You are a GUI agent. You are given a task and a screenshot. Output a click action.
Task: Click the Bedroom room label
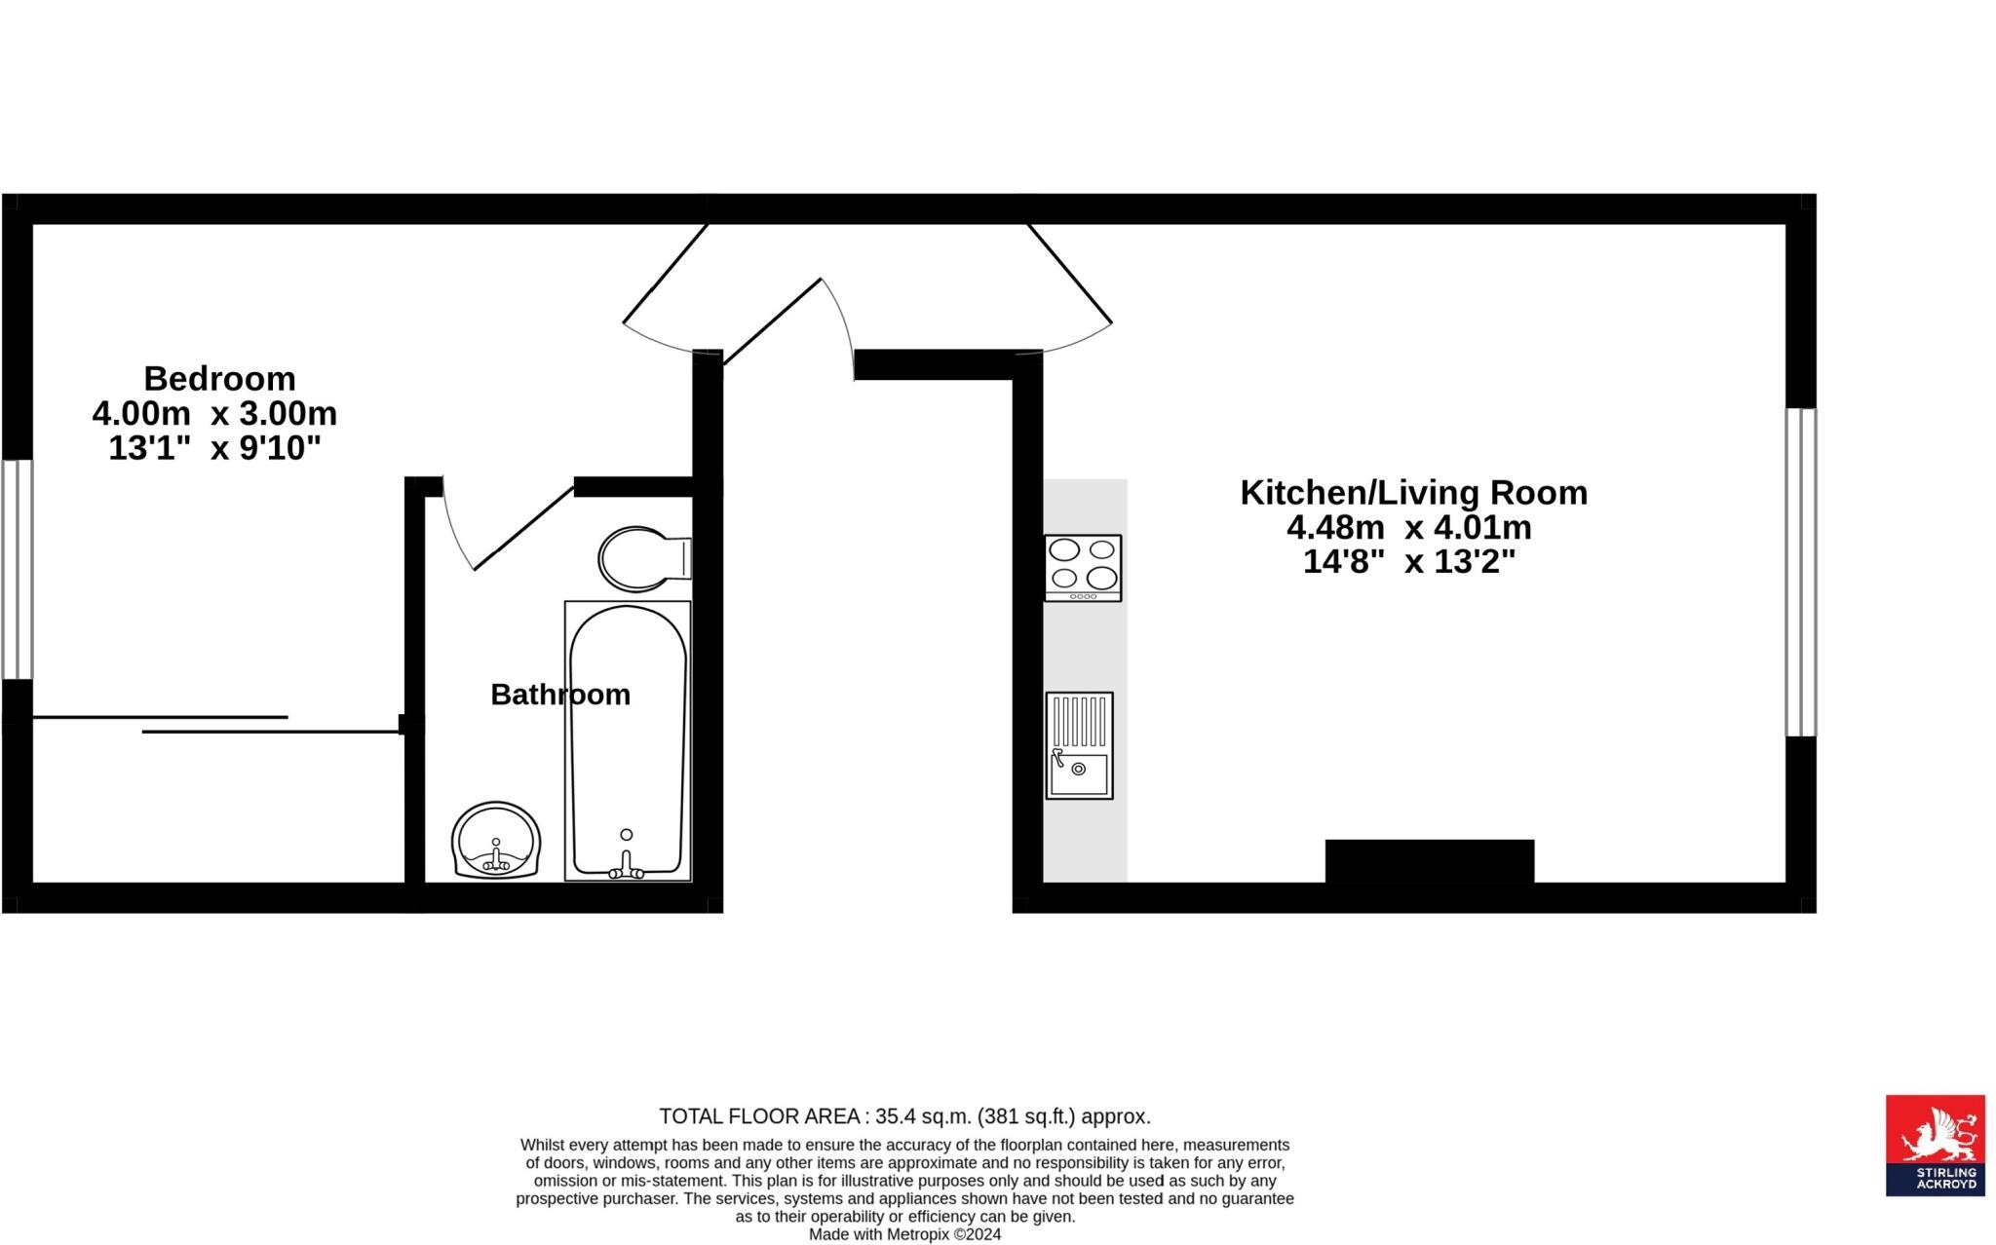point(219,378)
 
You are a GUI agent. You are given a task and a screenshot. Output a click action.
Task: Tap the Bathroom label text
point(560,695)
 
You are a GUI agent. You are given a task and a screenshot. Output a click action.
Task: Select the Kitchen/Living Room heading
point(1413,493)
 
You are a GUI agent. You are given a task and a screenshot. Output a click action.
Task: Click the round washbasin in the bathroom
point(495,840)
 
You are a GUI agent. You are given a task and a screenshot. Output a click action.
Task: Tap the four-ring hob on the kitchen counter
point(1083,567)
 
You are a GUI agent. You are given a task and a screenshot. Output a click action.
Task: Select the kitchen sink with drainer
point(1079,745)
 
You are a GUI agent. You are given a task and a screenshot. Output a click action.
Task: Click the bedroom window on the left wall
point(17,569)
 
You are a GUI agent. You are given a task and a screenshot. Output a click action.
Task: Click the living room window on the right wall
point(1800,572)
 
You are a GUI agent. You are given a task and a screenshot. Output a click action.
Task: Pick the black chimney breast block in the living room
point(1429,861)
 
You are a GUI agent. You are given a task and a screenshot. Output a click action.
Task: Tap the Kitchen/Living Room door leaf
point(1070,273)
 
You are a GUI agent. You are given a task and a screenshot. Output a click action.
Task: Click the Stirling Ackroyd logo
point(1935,1145)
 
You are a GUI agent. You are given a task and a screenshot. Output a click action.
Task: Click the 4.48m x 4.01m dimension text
point(1409,528)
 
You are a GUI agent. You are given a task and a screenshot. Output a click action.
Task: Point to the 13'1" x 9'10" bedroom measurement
point(214,449)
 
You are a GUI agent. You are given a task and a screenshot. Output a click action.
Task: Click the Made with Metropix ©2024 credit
point(904,1234)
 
